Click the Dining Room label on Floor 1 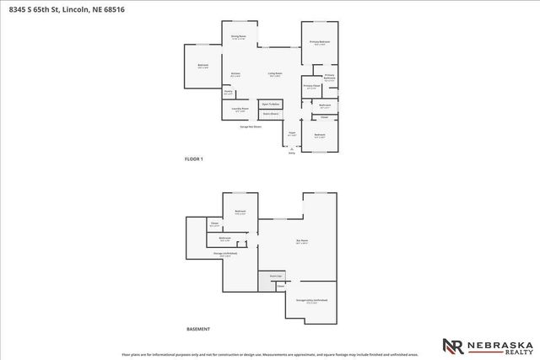coord(238,37)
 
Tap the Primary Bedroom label coord(319,41)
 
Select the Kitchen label coord(235,74)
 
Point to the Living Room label coord(275,74)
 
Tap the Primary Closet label coord(311,86)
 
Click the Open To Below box coord(271,104)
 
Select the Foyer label coord(292,133)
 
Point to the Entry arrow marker coord(292,149)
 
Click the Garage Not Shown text coord(251,127)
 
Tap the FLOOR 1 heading coord(194,159)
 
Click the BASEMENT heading coord(197,329)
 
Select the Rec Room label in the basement coord(301,243)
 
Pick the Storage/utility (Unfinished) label coord(312,300)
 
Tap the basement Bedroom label coord(240,212)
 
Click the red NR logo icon coord(452,346)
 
